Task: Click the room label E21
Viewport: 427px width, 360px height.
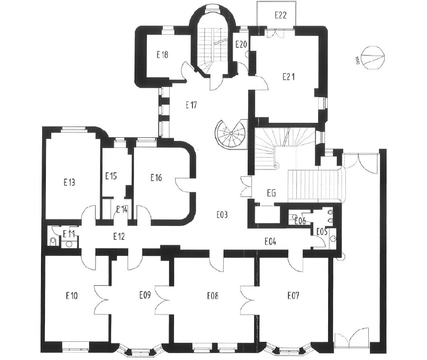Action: tap(288, 77)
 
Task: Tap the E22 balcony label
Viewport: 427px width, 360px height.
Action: tap(281, 15)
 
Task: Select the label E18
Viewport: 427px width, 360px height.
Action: tap(162, 55)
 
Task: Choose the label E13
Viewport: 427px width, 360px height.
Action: tap(69, 182)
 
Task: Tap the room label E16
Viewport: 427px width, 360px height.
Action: tap(156, 178)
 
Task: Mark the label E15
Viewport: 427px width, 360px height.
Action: tap(111, 176)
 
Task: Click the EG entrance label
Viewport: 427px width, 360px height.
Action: tap(271, 193)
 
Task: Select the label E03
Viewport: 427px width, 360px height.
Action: tap(222, 215)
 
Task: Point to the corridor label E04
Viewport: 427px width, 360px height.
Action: tap(271, 241)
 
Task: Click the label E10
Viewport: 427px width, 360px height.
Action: tap(72, 295)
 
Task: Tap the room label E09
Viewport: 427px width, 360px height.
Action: tap(145, 295)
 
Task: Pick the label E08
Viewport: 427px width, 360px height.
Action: tap(212, 295)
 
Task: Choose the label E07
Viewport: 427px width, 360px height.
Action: tap(293, 295)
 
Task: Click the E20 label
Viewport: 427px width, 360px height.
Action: tap(241, 44)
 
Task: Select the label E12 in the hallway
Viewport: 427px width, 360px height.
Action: tap(119, 236)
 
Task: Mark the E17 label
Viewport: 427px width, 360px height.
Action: tap(191, 105)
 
